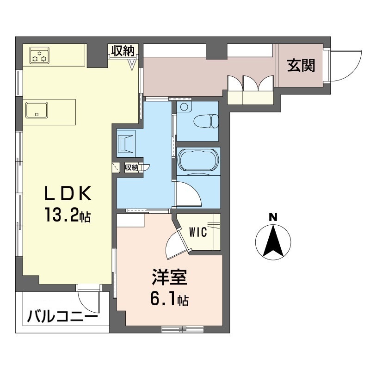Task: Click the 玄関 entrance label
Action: pos(301,65)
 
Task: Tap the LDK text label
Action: pos(68,193)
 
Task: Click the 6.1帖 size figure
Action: pos(169,299)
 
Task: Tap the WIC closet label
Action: pos(198,232)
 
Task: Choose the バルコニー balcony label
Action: pos(62,316)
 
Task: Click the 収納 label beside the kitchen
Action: pos(123,51)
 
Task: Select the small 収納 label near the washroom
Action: pos(131,167)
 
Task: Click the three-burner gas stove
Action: pos(39,55)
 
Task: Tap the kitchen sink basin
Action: pos(37,110)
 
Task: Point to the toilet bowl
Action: pos(206,121)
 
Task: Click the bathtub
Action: pos(198,160)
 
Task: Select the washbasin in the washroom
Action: pos(126,144)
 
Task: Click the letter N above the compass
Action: pos(273,217)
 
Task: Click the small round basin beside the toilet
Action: pos(184,107)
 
